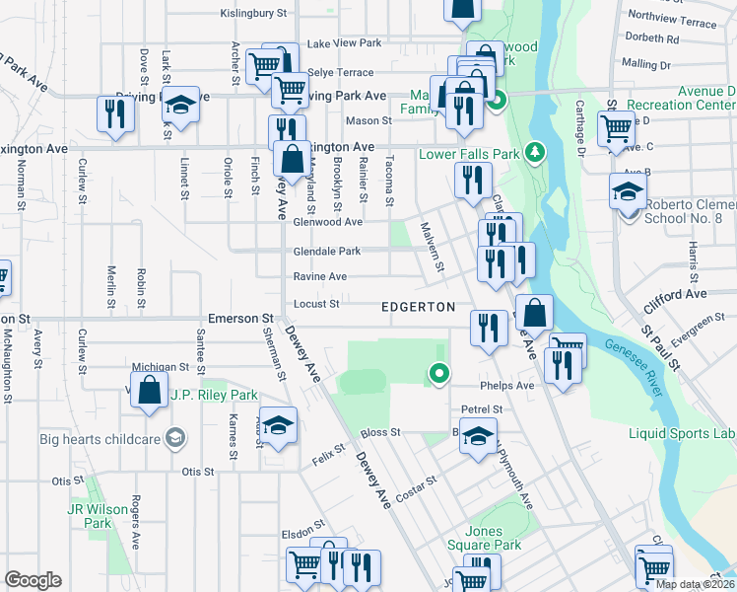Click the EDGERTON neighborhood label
point(419,307)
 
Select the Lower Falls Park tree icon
point(535,152)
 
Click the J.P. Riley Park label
point(214,395)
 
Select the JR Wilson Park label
point(98,516)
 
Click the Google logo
point(33,580)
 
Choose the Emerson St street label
point(239,319)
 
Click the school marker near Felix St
point(279,425)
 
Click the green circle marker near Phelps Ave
point(439,374)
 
